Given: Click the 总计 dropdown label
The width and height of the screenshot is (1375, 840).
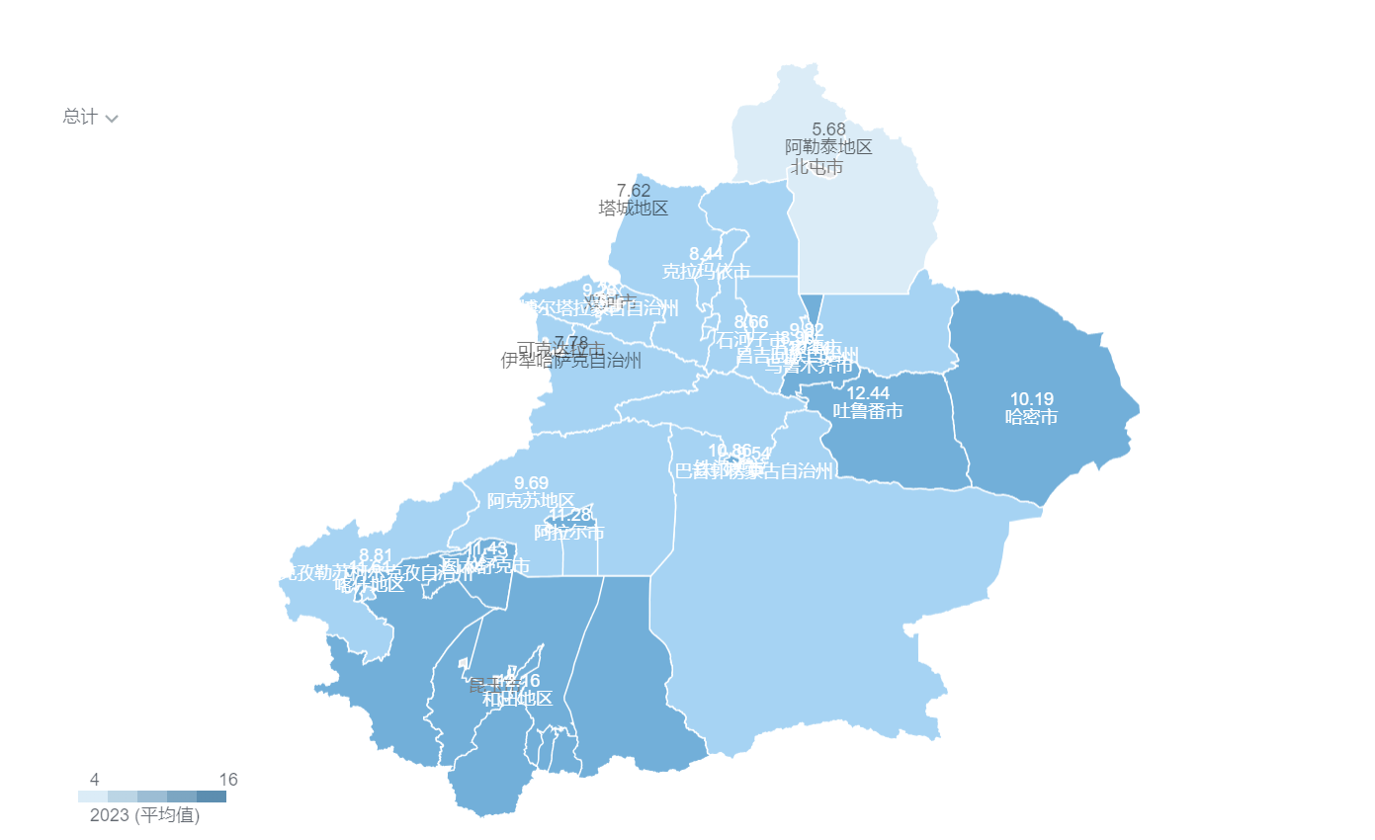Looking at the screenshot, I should tap(80, 117).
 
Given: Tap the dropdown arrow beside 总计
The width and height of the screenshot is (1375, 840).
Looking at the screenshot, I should tap(112, 119).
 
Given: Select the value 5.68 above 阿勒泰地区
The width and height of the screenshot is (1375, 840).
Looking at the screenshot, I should tap(828, 129).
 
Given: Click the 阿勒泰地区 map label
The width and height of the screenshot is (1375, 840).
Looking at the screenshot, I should tap(828, 147).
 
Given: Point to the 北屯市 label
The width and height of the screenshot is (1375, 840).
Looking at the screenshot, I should tap(816, 167).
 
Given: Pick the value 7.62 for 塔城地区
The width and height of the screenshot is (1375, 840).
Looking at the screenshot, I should tap(634, 191).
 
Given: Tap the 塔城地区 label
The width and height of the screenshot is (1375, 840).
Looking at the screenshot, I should tap(634, 209).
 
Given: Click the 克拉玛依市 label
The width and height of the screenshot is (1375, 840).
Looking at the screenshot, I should tap(706, 272).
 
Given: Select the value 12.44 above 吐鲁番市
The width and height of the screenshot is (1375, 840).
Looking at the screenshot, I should tap(868, 393).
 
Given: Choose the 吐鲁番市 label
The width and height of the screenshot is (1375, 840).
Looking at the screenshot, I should tap(868, 411).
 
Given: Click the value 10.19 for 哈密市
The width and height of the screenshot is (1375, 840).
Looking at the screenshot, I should tap(1031, 399).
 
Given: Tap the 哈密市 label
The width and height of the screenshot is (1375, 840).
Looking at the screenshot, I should tap(1031, 417).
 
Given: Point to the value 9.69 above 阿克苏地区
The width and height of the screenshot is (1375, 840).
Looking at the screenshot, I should tap(531, 483).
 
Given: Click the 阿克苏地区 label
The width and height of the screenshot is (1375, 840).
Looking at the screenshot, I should tap(531, 501).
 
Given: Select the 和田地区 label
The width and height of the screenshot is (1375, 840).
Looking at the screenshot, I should tap(517, 699).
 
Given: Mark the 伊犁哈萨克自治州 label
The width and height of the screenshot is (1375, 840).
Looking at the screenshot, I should tap(571, 361).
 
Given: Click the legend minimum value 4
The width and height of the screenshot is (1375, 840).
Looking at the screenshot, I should tap(94, 780).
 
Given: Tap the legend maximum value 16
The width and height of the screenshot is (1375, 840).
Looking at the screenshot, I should tap(228, 780).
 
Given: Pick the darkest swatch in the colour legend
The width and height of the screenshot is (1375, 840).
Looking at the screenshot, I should tap(212, 797).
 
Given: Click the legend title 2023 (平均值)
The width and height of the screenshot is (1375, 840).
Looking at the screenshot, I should tap(144, 816).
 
